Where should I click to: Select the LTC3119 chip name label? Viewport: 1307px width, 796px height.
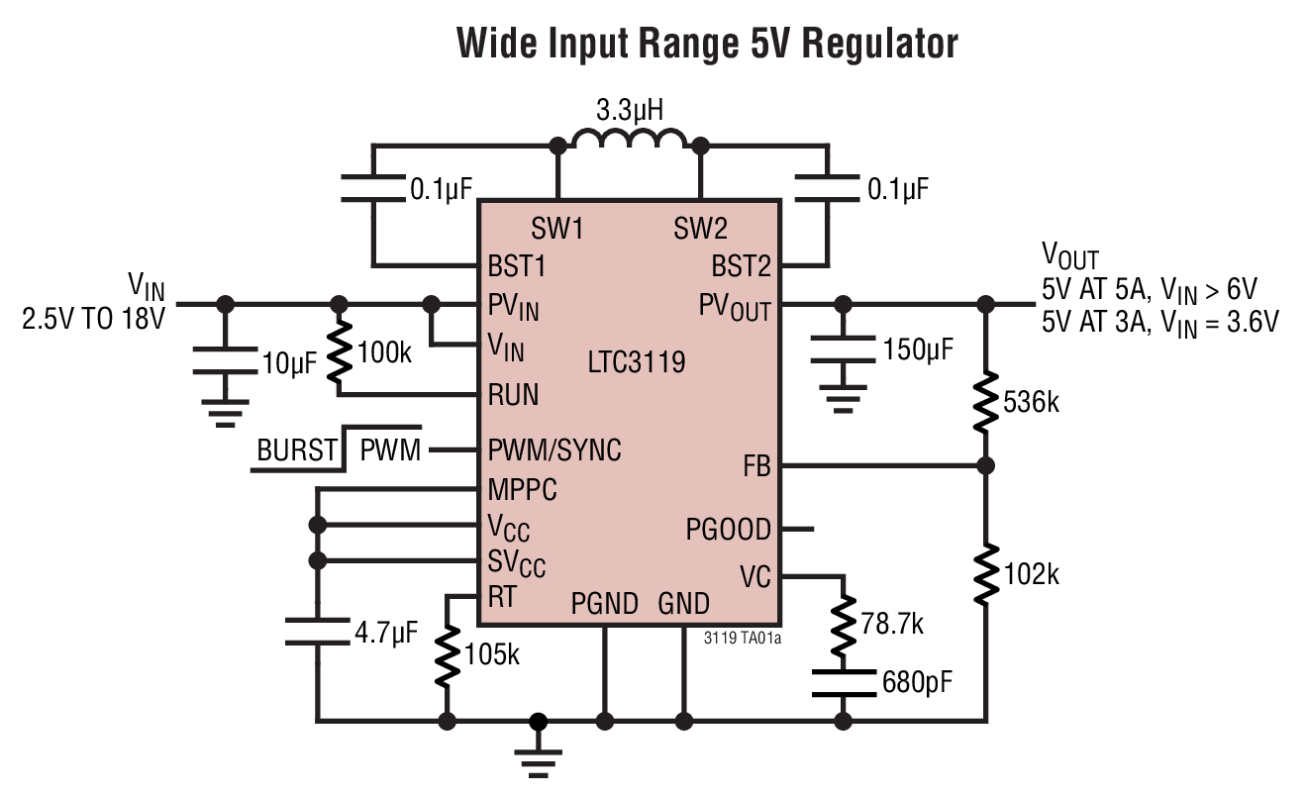[x=636, y=362]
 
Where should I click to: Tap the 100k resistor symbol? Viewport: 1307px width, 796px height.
[x=339, y=351]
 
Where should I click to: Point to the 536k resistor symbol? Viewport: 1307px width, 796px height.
[x=985, y=402]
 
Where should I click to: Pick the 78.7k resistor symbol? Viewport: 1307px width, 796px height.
[x=843, y=627]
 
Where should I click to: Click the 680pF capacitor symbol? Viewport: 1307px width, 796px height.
[x=843, y=683]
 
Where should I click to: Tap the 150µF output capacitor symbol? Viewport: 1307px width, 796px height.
[x=843, y=348]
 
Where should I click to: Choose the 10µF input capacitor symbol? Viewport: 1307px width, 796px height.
[x=225, y=361]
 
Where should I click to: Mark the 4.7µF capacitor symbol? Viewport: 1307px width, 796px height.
[x=318, y=632]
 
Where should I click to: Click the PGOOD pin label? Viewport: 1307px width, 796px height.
[x=728, y=531]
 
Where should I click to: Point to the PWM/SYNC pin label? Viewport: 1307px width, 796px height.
[x=554, y=450]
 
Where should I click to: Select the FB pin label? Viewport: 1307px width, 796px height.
[x=755, y=466]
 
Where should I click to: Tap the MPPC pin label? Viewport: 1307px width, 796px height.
[x=522, y=489]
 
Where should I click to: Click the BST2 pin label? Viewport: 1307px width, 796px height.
[x=741, y=266]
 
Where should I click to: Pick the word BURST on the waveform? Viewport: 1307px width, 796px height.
[x=297, y=451]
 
